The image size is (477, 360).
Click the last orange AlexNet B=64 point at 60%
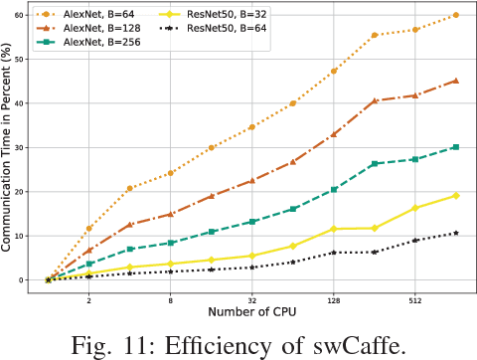point(456,15)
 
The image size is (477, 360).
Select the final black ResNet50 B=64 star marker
point(456,233)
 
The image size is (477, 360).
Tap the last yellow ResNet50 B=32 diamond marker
point(456,195)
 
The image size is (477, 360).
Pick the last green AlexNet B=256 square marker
point(456,146)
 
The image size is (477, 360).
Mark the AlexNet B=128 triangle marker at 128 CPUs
point(334,134)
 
